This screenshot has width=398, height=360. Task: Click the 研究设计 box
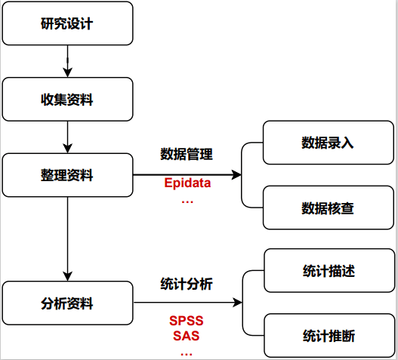(x=68, y=23)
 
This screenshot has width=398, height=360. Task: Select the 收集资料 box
(x=68, y=99)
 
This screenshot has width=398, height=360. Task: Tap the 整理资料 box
(x=68, y=175)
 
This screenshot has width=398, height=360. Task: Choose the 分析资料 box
(x=68, y=303)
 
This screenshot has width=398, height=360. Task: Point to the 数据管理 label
(x=187, y=155)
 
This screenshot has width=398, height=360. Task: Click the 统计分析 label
(x=187, y=284)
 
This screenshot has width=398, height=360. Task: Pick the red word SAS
(x=187, y=336)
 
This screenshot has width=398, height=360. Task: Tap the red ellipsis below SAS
(x=187, y=351)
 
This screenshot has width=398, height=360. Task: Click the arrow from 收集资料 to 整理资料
(x=68, y=137)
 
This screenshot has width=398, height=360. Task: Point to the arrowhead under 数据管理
(x=237, y=175)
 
